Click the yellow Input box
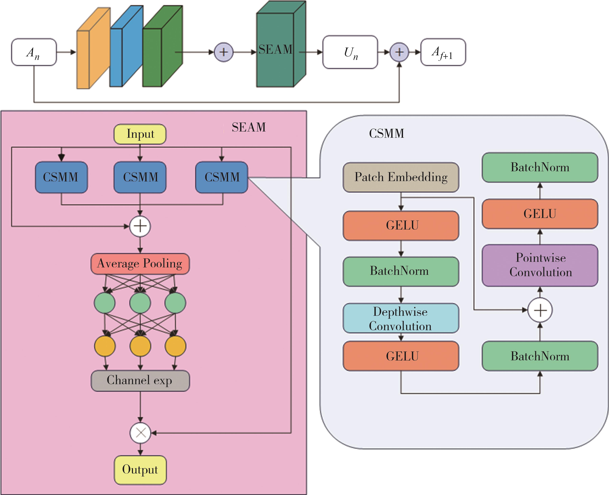[x=140, y=134]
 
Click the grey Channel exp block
[x=140, y=380]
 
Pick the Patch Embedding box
[x=401, y=177]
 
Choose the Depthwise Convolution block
[x=401, y=318]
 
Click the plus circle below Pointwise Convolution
[x=540, y=310]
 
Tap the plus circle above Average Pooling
[x=140, y=226]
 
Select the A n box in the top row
[x=34, y=52]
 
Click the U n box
[x=350, y=52]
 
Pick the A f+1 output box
[x=443, y=52]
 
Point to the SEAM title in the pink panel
[x=249, y=127]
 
